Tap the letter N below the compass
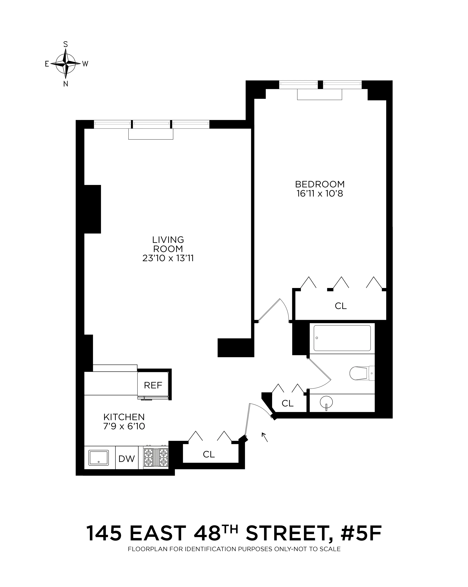pyautogui.click(x=66, y=84)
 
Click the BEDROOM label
pyautogui.click(x=320, y=184)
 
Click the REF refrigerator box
pyautogui.click(x=153, y=385)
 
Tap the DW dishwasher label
pyautogui.click(x=127, y=459)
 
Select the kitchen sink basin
pyautogui.click(x=98, y=457)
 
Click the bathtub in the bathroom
pyautogui.click(x=342, y=338)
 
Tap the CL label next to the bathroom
pyautogui.click(x=288, y=403)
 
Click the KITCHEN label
pyautogui.click(x=124, y=417)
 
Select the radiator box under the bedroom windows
pyautogui.click(x=319, y=94)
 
